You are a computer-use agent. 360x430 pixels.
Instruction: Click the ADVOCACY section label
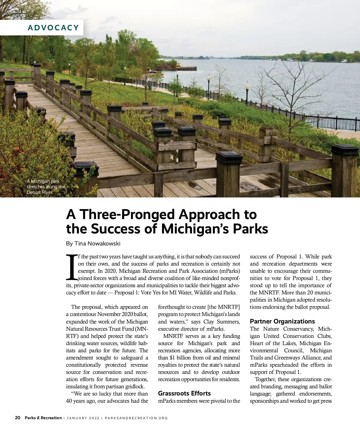tap(53, 28)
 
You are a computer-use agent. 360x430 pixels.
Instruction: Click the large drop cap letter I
tap(71, 267)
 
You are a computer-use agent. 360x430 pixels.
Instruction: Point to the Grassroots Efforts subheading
tap(184, 393)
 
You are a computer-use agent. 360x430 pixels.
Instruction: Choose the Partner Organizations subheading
tap(282, 321)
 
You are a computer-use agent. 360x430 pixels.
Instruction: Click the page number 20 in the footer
tap(18, 418)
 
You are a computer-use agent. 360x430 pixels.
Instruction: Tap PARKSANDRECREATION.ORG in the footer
tap(136, 418)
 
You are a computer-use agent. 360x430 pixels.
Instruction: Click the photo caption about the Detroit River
tap(46, 186)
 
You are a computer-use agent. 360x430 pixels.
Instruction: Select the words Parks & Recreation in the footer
tap(43, 418)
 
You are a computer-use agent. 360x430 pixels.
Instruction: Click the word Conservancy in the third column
tap(298, 329)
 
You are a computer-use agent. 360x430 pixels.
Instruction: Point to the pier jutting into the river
tap(186, 68)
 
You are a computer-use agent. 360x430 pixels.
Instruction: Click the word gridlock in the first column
tap(134, 386)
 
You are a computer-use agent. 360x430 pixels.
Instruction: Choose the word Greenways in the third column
tap(288, 358)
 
